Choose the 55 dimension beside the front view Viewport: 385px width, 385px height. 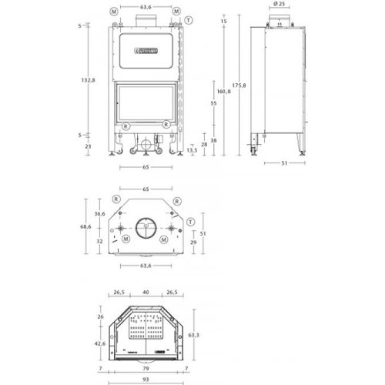click(213, 103)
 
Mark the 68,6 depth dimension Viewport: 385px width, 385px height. click(86, 227)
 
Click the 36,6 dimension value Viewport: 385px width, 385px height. click(99, 214)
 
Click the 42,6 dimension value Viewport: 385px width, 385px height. click(99, 344)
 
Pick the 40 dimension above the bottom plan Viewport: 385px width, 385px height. click(145, 292)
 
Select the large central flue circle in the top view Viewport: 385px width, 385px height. click(145, 228)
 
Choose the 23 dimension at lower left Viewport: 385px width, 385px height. click(89, 146)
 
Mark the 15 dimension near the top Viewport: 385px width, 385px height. click(224, 21)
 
